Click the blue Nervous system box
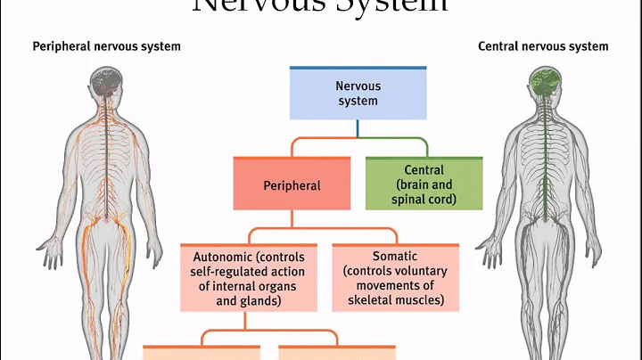click(357, 94)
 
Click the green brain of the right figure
click(540, 85)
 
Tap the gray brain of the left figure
click(110, 85)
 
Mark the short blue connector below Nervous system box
click(357, 129)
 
